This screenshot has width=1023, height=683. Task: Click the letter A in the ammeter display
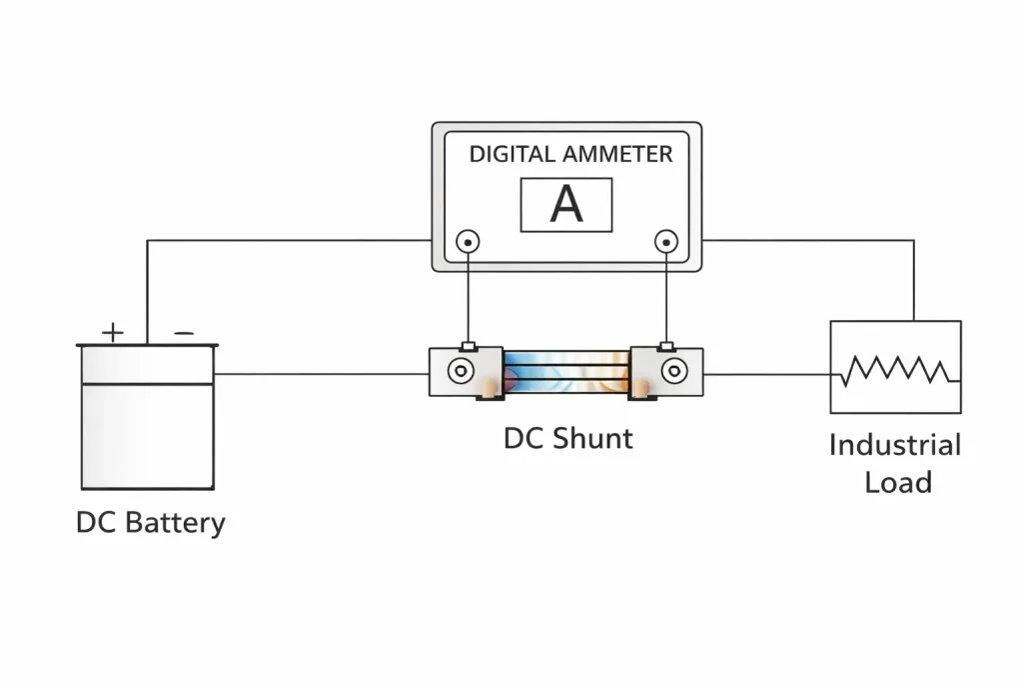pos(566,205)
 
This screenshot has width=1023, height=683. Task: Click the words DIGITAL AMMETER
pos(570,154)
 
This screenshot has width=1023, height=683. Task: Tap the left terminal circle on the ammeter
pos(467,241)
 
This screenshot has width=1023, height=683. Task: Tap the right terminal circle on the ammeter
pos(665,241)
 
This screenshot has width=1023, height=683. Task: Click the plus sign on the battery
pos(114,332)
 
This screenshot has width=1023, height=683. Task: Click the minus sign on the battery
pos(184,332)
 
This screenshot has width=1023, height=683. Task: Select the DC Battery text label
pos(150,523)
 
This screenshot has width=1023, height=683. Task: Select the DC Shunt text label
pos(567,438)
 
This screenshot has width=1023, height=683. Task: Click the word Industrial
pos(894,445)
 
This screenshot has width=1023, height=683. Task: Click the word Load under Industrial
pos(897,482)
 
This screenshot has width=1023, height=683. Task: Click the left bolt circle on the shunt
pos(460,371)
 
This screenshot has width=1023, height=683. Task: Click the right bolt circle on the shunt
pos(674,371)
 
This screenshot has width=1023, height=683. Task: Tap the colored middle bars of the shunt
pos(566,371)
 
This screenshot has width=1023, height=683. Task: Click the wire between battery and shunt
pos(320,375)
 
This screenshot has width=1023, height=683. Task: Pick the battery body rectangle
pos(147,435)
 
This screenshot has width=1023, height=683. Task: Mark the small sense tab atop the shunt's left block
pos(467,346)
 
